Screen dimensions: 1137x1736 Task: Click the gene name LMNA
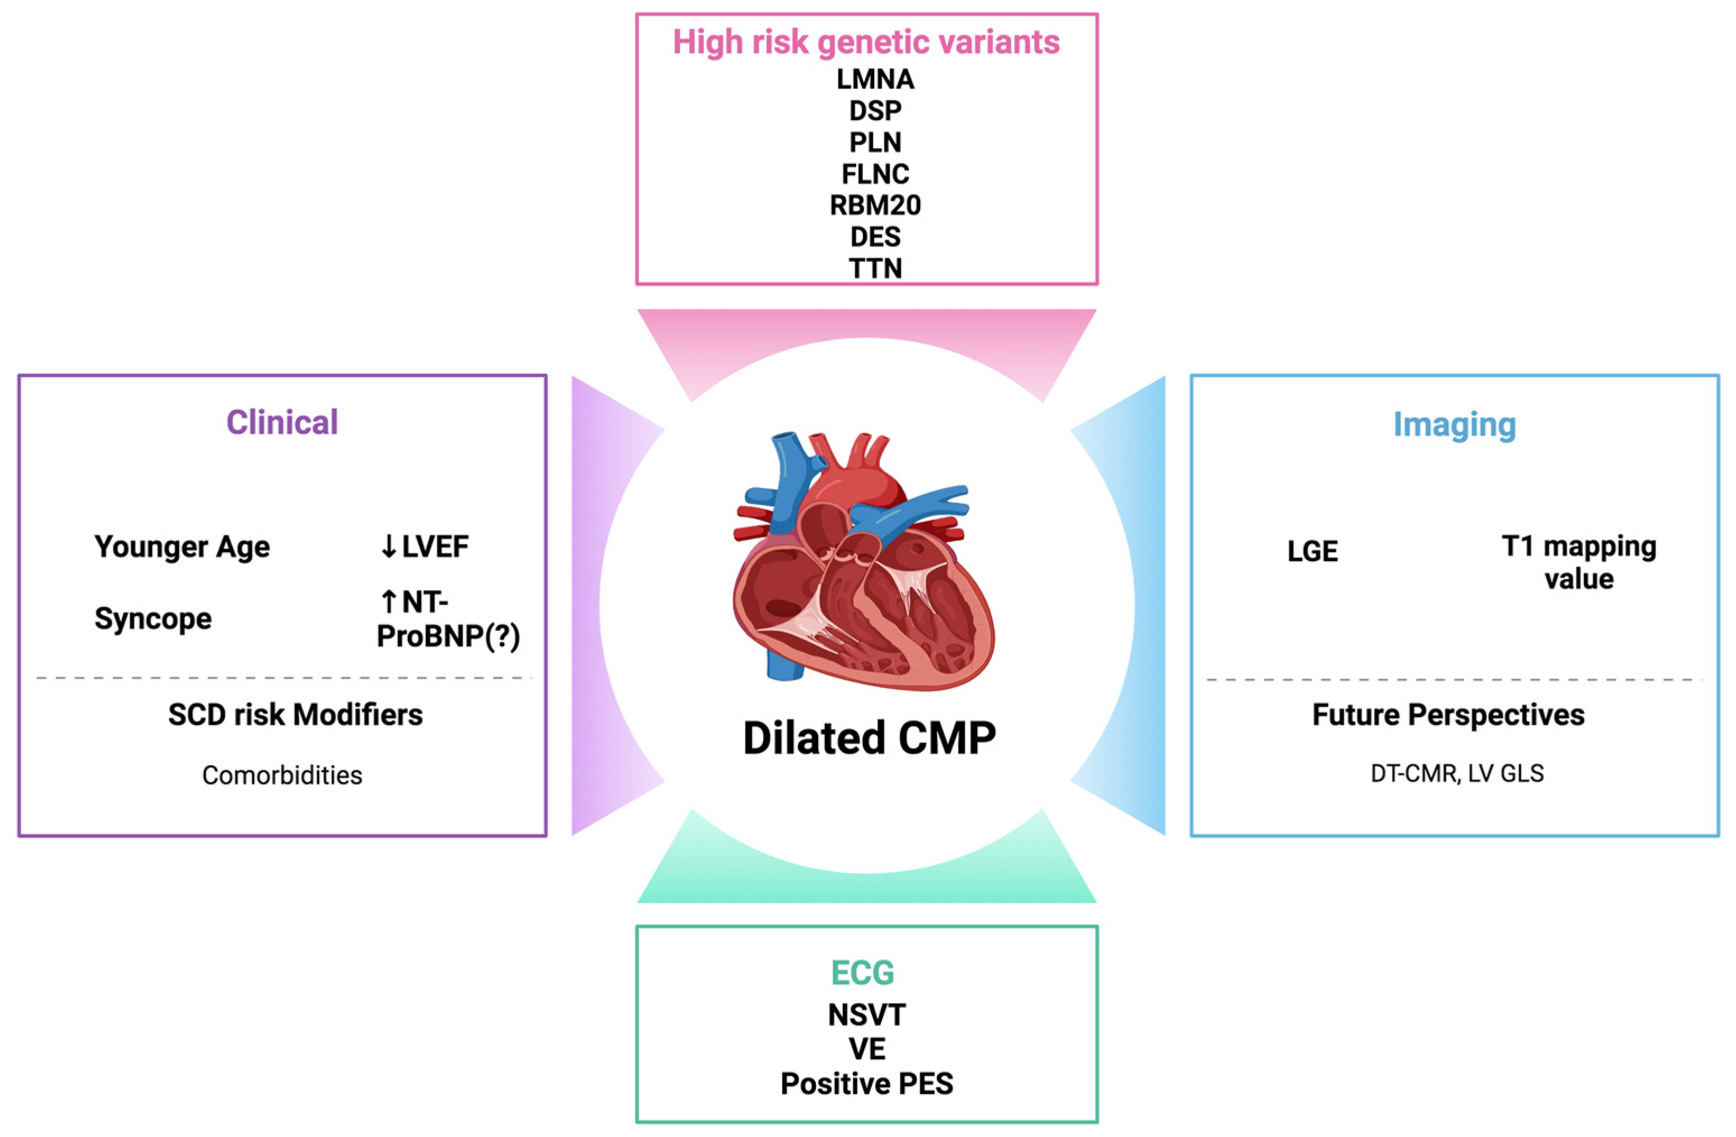pos(875,79)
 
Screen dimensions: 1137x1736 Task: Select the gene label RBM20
pos(875,206)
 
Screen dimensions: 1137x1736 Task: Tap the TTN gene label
pos(875,268)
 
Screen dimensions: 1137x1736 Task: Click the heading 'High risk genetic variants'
pos(866,42)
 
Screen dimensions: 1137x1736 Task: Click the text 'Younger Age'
pos(182,546)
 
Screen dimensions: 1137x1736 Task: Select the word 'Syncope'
pos(152,619)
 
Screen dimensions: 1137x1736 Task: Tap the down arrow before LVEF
pos(388,546)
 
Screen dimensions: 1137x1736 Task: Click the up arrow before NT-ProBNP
pos(388,602)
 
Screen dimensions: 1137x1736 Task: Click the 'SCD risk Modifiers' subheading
pos(295,714)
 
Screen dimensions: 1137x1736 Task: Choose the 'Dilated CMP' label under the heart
pos(869,738)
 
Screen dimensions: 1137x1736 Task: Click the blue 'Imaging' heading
pos(1455,424)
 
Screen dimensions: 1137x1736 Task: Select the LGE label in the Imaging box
pos(1312,551)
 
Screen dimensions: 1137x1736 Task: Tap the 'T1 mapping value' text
pos(1579,562)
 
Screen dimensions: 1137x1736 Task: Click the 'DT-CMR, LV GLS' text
pos(1456,773)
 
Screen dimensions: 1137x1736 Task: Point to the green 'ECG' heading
pos(862,972)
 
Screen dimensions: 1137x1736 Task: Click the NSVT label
pos(866,1014)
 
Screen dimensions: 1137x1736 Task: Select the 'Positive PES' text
pos(866,1084)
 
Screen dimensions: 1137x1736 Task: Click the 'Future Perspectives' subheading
pos(1448,714)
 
